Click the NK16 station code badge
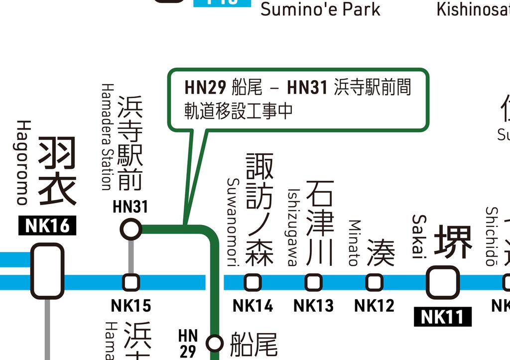pyautogui.click(x=48, y=226)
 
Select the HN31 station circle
pyautogui.click(x=131, y=230)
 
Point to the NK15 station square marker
pyautogui.click(x=131, y=282)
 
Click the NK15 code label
pyautogui.click(x=131, y=305)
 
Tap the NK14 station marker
pyautogui.click(x=253, y=282)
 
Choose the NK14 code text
pyautogui.click(x=253, y=305)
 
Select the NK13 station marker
pyautogui.click(x=313, y=282)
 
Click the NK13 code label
pyautogui.click(x=313, y=305)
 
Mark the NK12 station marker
pyautogui.click(x=375, y=282)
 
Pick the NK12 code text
pyautogui.click(x=375, y=305)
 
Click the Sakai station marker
pyautogui.click(x=443, y=282)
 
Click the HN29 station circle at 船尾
pyautogui.click(x=215, y=343)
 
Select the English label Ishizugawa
pyautogui.click(x=294, y=228)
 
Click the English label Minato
pyautogui.click(x=354, y=243)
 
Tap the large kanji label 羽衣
pyautogui.click(x=57, y=171)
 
